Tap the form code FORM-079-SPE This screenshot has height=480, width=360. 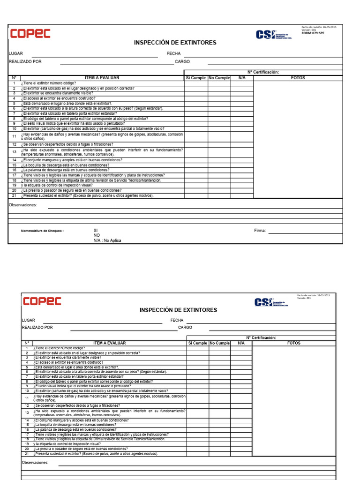click(312, 34)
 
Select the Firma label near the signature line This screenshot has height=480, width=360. click(260, 231)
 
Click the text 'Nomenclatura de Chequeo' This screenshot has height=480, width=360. click(42, 231)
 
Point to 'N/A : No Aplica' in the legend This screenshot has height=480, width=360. click(107, 240)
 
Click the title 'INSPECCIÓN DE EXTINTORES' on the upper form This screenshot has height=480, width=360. click(175, 43)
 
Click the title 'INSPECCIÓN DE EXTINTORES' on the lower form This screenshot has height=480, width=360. click(178, 310)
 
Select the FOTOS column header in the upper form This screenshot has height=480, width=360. click(298, 78)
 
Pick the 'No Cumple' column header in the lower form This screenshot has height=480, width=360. click(219, 343)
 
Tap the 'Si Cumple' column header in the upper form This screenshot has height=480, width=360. click(196, 78)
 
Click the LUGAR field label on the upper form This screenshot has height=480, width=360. click(15, 54)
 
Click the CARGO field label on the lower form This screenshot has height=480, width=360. click(185, 328)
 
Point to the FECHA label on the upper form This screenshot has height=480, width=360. click(173, 54)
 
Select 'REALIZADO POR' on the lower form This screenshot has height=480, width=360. click(37, 328)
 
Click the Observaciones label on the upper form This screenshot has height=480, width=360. click(22, 205)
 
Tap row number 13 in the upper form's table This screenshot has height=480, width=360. click(14, 152)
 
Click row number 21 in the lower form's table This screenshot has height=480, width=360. click(27, 454)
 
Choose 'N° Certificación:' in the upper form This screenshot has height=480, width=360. click(263, 72)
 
